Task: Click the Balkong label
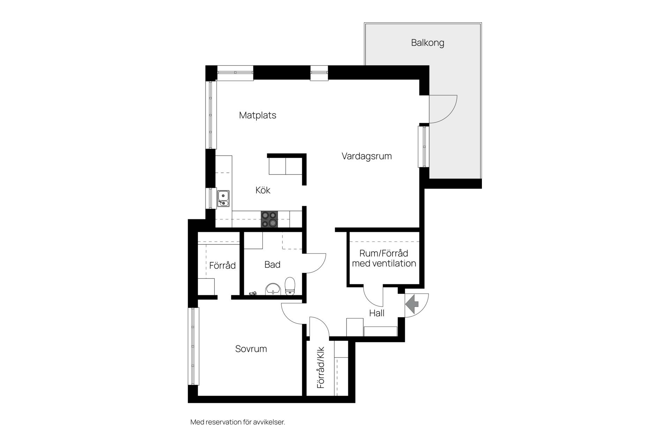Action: (427, 43)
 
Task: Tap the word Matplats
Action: (258, 115)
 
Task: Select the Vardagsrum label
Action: (366, 156)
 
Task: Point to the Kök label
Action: (263, 190)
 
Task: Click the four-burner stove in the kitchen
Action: (269, 219)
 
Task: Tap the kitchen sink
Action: (223, 198)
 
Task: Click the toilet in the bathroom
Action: (290, 286)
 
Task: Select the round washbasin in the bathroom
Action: (273, 289)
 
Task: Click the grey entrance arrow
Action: (412, 304)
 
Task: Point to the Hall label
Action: (377, 313)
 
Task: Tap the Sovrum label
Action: (251, 349)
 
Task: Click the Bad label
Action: (272, 265)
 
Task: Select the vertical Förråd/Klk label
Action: (321, 367)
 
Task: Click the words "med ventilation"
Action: (384, 263)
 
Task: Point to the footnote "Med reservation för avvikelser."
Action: (238, 422)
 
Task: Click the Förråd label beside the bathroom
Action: (222, 265)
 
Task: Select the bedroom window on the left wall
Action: (193, 346)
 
